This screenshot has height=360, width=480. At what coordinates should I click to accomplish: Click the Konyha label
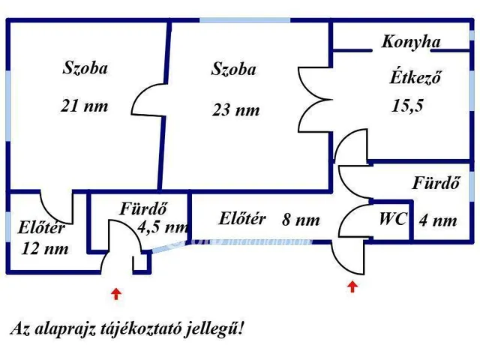coord(411,42)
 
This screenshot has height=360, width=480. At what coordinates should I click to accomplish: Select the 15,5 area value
coord(407,105)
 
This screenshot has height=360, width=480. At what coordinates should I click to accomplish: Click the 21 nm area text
coord(84,106)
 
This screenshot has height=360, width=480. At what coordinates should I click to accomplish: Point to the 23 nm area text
coord(235,109)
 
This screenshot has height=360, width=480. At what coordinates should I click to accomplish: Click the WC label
coord(392,220)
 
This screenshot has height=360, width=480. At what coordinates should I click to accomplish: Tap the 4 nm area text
coord(439,220)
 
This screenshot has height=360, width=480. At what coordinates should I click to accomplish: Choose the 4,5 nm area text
coord(163,227)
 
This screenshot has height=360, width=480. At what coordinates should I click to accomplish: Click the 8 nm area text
coord(301,220)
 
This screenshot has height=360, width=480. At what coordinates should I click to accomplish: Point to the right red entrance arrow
coord(352,286)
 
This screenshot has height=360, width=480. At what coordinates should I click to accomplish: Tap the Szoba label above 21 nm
coord(85,68)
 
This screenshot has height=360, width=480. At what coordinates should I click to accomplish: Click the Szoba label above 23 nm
coord(233,70)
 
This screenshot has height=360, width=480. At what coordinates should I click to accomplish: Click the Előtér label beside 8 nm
coord(242,219)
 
